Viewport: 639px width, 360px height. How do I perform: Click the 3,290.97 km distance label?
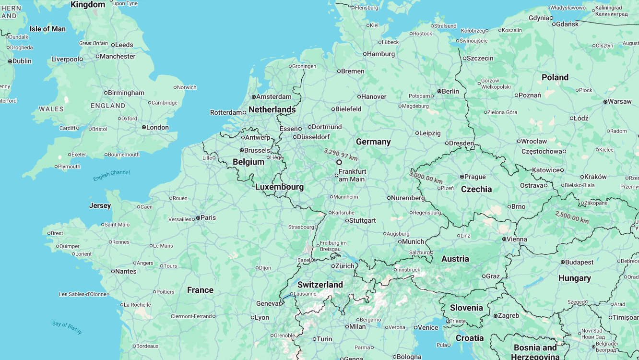(341, 154)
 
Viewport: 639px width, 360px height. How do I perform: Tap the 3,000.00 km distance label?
(426, 177)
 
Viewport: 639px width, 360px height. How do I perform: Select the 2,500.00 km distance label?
(572, 217)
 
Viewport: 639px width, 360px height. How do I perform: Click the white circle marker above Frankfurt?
(339, 162)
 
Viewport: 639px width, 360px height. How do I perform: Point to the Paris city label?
(208, 217)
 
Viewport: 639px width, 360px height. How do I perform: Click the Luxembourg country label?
(279, 187)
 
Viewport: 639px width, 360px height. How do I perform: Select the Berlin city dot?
(439, 91)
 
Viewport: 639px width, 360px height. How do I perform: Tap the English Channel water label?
(111, 176)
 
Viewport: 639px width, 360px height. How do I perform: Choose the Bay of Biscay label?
(67, 327)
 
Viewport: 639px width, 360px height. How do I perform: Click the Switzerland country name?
(320, 285)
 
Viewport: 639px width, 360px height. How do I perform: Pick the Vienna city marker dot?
(504, 239)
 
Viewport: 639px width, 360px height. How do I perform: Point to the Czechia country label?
(476, 189)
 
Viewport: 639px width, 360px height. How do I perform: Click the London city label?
(157, 127)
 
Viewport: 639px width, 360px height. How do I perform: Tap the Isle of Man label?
(47, 29)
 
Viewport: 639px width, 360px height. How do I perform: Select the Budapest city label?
(579, 262)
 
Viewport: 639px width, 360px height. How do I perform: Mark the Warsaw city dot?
(605, 101)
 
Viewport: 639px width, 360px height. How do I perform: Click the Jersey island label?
(100, 205)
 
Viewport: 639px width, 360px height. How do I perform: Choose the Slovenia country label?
(466, 308)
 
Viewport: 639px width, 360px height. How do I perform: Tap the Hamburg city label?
(381, 54)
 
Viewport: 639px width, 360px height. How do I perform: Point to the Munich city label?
(413, 241)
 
